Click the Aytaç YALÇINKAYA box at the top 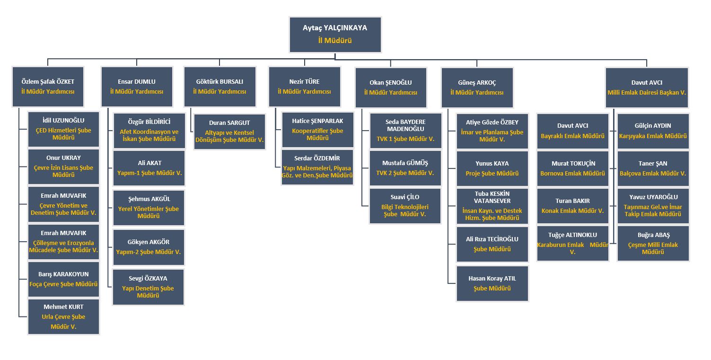click(x=335, y=35)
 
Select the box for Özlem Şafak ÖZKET click(x=48, y=87)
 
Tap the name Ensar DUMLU click(x=136, y=82)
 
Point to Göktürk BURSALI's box click(x=219, y=87)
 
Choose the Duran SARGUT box click(x=229, y=132)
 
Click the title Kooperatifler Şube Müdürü click(x=317, y=134)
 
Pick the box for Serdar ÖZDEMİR click(x=317, y=167)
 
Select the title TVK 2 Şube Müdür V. click(x=405, y=173)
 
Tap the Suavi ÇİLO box click(x=405, y=206)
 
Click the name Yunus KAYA click(x=492, y=164)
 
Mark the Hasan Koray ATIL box click(x=492, y=283)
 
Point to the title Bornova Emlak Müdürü click(x=572, y=174)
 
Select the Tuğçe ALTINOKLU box click(x=572, y=243)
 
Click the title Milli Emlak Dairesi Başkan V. click(x=647, y=93)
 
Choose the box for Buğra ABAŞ click(x=653, y=243)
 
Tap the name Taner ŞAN click(x=653, y=164)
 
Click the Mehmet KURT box click(x=63, y=316)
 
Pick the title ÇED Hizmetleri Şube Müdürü click(x=63, y=134)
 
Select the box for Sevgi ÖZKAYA click(x=148, y=287)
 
